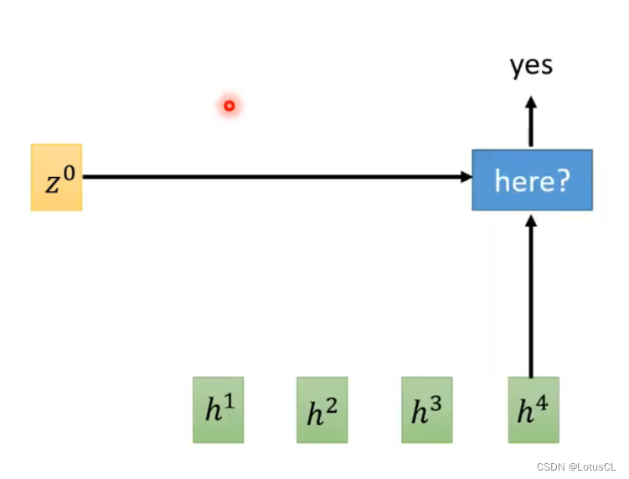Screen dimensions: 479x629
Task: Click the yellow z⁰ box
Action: [x=56, y=177]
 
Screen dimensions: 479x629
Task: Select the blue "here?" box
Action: [x=532, y=180]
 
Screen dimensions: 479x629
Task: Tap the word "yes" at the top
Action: [x=531, y=66]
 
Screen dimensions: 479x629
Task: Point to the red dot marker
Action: [x=229, y=106]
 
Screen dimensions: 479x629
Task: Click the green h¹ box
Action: [x=218, y=409]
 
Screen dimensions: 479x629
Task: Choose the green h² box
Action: [x=322, y=409]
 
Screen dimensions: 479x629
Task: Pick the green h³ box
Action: [x=426, y=409]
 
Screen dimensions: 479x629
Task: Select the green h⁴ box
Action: [x=534, y=409]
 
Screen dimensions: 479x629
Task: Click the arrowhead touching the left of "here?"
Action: [x=465, y=177]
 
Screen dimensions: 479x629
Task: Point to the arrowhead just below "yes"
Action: [x=530, y=102]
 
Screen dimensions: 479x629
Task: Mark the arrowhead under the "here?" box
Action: [x=530, y=219]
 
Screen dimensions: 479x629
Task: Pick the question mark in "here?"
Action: [x=562, y=180]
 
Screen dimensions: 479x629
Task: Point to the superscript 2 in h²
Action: [x=333, y=403]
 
